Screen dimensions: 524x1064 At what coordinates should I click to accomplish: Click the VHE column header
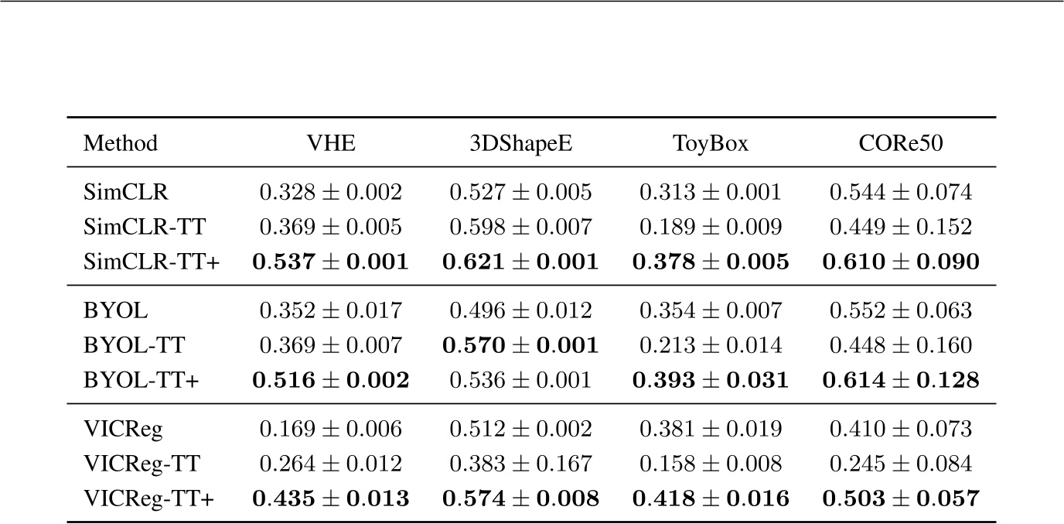[x=330, y=143]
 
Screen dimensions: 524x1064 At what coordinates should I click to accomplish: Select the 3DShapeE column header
[x=520, y=143]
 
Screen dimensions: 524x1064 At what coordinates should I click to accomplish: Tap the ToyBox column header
[x=711, y=143]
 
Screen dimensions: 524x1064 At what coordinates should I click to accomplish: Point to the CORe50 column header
[x=901, y=143]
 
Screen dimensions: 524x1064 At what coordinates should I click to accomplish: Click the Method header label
[x=121, y=143]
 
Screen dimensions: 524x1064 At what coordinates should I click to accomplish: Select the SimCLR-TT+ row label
[x=152, y=262]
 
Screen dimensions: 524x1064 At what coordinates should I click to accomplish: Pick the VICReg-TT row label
[x=142, y=464]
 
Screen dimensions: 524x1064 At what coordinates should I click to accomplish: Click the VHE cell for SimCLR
[x=330, y=193]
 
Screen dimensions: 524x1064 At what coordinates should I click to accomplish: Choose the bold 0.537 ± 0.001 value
[x=330, y=262]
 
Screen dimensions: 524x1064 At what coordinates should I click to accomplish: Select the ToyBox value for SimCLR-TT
[x=711, y=228]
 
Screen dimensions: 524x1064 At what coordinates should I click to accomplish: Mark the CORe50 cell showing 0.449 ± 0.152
[x=901, y=228]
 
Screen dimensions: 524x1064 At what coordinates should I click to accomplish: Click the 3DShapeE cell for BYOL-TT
[x=520, y=346]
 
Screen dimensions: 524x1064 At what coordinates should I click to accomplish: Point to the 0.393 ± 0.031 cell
[x=711, y=381]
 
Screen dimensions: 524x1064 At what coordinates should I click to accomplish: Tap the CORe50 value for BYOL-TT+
[x=901, y=381]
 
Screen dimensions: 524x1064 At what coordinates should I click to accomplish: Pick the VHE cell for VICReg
[x=330, y=430]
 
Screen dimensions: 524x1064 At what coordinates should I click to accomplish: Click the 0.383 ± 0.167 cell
[x=520, y=464]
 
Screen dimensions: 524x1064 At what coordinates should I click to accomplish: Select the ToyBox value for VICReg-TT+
[x=711, y=499]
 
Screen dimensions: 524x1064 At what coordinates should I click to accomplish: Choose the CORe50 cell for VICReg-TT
[x=901, y=464]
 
